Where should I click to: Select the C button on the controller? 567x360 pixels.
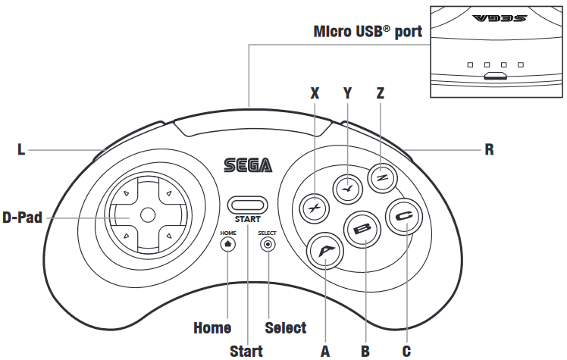click(403, 219)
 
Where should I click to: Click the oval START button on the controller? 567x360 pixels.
click(247, 204)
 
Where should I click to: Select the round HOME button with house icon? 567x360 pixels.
click(228, 244)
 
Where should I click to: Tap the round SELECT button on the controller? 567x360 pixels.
click(267, 244)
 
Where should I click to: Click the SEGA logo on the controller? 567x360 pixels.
click(247, 164)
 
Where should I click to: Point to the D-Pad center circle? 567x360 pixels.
click(148, 215)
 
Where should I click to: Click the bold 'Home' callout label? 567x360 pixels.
click(212, 328)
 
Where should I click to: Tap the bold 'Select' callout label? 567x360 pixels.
click(286, 328)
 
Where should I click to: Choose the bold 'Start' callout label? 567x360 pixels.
click(246, 351)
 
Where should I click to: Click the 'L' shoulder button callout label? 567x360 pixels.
click(21, 150)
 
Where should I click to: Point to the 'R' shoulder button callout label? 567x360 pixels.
click(489, 150)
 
